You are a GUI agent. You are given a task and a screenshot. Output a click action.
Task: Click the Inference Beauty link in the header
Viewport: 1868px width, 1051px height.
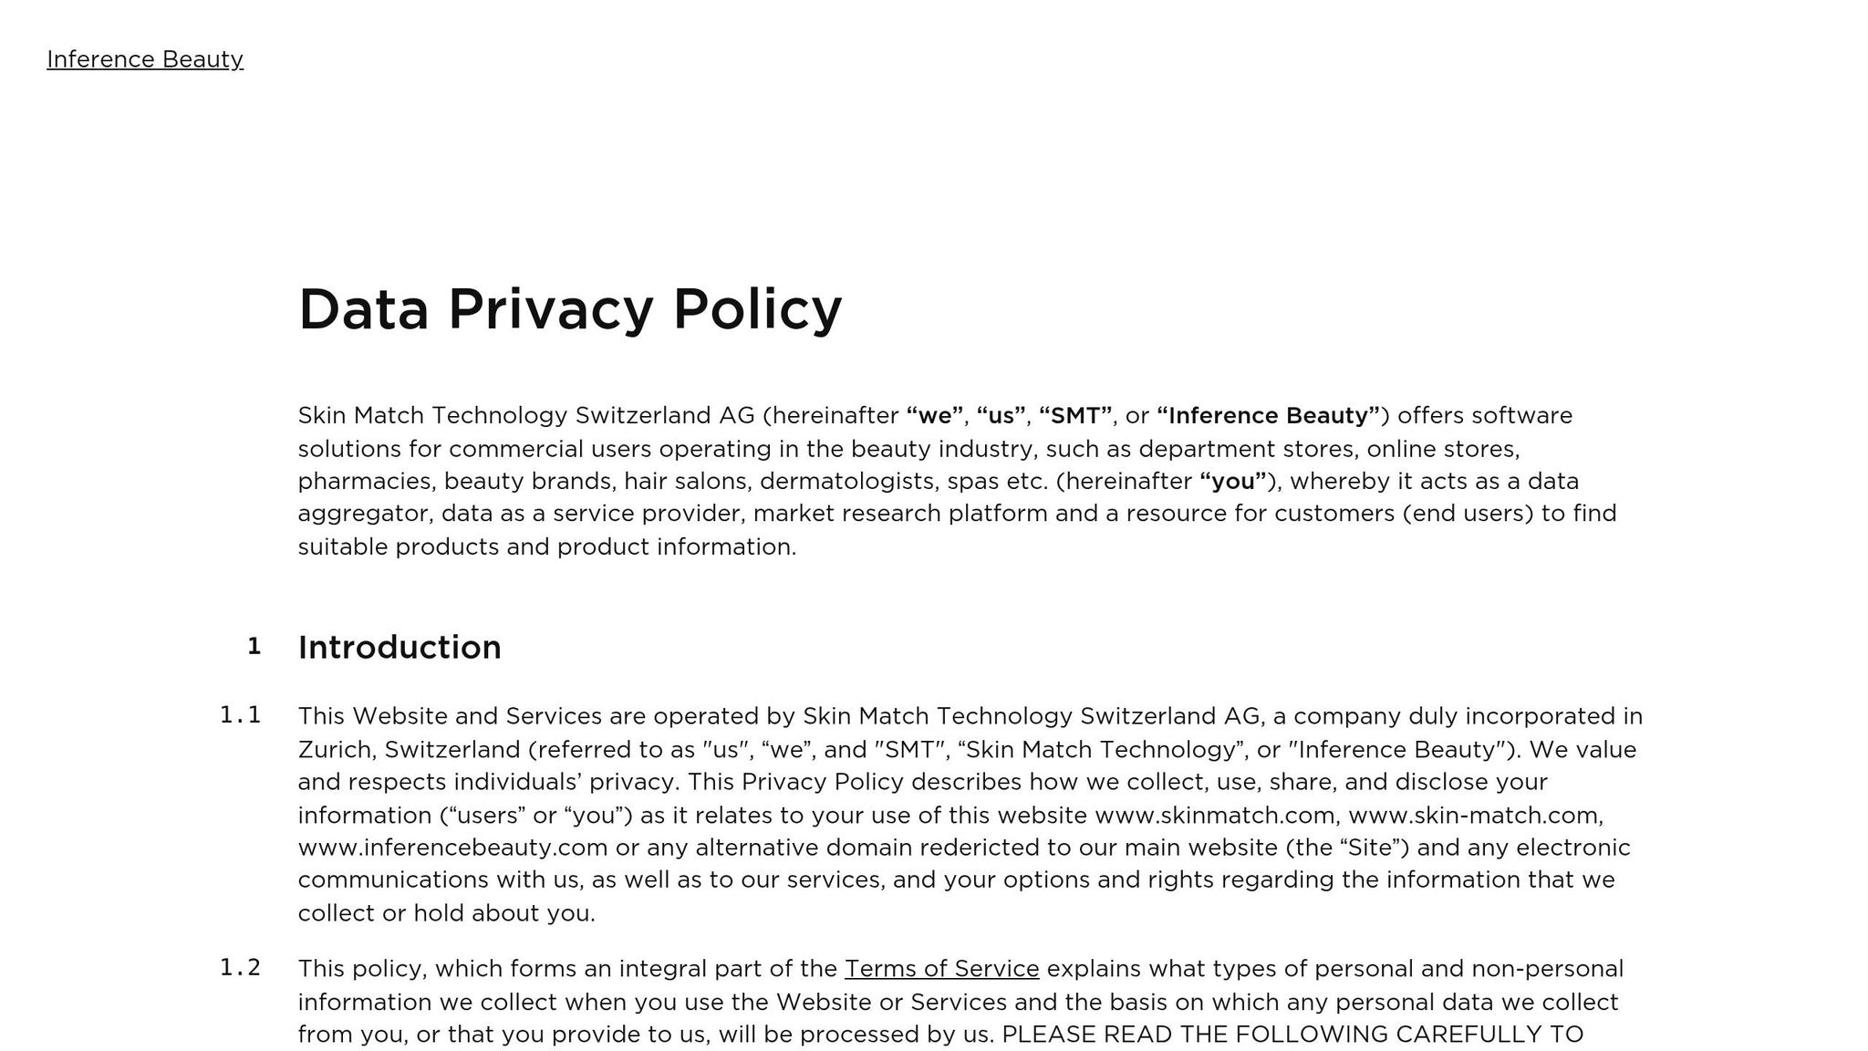145,59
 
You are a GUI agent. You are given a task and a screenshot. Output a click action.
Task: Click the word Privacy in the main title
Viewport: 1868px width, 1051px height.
551,309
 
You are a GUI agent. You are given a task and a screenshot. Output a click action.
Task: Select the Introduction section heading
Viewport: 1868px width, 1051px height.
400,647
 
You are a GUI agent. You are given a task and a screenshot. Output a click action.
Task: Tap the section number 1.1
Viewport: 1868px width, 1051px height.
241,715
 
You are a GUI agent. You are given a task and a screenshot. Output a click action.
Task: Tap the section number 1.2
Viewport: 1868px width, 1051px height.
241,968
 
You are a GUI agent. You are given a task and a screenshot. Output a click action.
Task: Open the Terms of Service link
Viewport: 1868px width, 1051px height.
941,969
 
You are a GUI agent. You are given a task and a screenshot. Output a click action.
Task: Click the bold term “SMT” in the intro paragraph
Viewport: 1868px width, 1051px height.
1075,416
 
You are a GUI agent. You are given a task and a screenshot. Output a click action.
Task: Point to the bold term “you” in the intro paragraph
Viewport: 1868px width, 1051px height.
1233,482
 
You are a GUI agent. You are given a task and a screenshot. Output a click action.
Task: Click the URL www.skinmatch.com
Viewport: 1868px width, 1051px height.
1217,815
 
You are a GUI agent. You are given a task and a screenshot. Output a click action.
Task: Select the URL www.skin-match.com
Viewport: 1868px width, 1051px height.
1474,815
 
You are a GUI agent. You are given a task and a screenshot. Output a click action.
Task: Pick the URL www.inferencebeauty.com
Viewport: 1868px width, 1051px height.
452,848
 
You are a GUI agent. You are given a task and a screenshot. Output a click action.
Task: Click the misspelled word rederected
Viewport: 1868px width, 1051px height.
979,848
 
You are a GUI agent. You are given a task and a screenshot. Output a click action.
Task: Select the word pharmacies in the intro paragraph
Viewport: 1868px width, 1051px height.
367,482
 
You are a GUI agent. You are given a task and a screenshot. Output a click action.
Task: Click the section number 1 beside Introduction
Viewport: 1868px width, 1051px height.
254,647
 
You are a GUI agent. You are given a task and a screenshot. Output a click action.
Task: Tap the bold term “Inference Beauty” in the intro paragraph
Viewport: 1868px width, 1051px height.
1269,416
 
